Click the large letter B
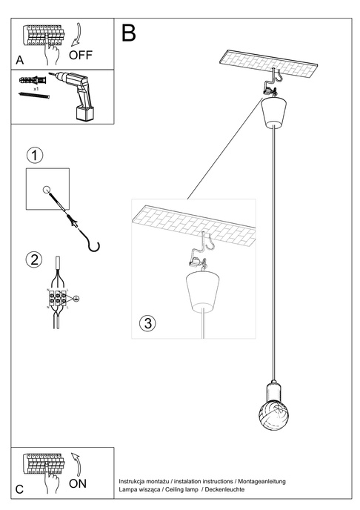129,33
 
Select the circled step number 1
33,156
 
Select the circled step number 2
33,259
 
